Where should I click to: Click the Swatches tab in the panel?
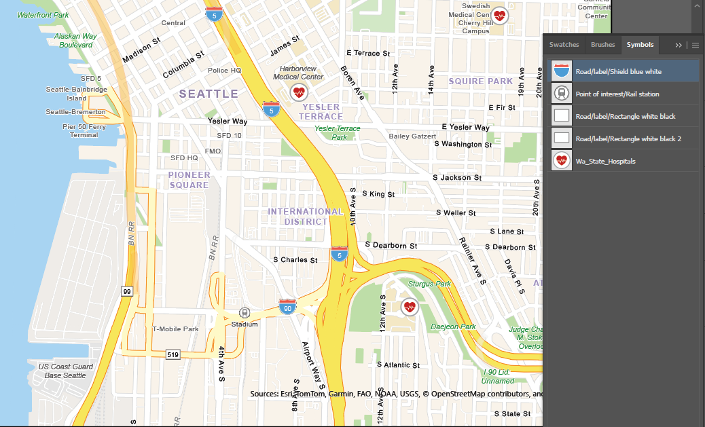[x=564, y=45]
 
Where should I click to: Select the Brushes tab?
[x=602, y=45]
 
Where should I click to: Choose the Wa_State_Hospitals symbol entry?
[x=605, y=161]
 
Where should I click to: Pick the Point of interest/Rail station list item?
[x=617, y=94]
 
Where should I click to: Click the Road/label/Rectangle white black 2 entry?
[x=628, y=138]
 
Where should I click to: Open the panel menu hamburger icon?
[x=695, y=45]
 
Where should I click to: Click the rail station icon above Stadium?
[x=245, y=313]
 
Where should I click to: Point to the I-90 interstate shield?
[x=287, y=307]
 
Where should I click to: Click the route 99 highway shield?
[x=127, y=291]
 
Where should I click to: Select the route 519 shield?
[x=173, y=354]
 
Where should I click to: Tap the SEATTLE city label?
[x=209, y=94]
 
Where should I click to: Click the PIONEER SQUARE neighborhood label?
[x=189, y=180]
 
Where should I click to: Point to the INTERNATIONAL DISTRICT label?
[x=306, y=217]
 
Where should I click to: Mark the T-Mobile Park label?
[x=175, y=329]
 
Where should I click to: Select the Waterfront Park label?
[x=43, y=15]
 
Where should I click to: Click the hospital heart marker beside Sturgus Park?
[x=409, y=307]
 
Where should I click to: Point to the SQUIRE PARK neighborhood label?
[x=481, y=81]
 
